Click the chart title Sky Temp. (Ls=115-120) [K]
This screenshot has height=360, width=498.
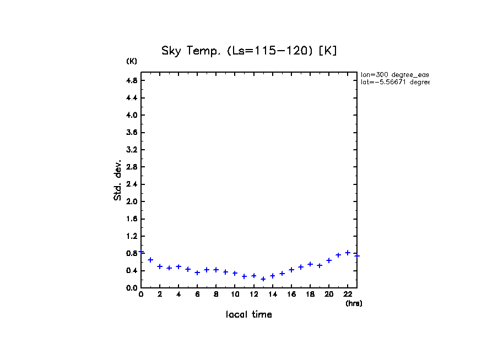click(249, 51)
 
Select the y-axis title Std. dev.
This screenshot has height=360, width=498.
click(117, 180)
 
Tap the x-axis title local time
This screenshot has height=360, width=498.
click(249, 315)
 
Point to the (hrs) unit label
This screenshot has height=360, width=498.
click(354, 303)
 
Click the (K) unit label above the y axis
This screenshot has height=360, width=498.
click(132, 61)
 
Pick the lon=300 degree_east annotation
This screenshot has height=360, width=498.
click(394, 74)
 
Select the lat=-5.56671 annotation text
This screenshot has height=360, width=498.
click(394, 82)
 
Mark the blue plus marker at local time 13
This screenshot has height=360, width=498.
click(263, 279)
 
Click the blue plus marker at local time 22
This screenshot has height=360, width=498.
click(348, 253)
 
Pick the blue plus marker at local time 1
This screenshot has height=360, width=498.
click(150, 260)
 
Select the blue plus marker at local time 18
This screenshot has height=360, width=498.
click(310, 264)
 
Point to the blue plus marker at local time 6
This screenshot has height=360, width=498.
click(197, 272)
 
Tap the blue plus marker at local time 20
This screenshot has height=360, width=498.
click(329, 260)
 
